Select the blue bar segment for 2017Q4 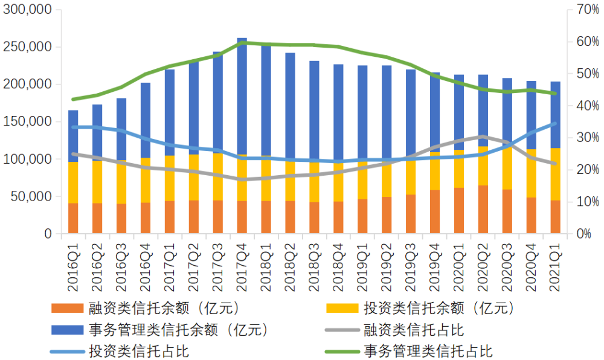[242, 97]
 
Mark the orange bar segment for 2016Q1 [74, 219]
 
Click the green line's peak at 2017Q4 [242, 43]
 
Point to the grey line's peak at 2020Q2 [483, 137]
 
